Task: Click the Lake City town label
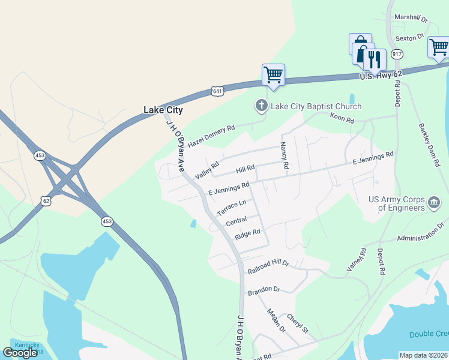[x=163, y=110]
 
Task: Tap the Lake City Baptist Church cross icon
[x=261, y=106]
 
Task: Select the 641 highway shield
[x=217, y=91]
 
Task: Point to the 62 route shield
[x=46, y=200]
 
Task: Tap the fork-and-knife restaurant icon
[x=375, y=59]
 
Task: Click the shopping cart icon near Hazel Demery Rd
[x=273, y=75]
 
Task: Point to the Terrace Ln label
[x=232, y=208]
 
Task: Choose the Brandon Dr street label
[x=264, y=290]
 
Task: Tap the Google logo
[x=20, y=352]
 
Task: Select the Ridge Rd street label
[x=247, y=233]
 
